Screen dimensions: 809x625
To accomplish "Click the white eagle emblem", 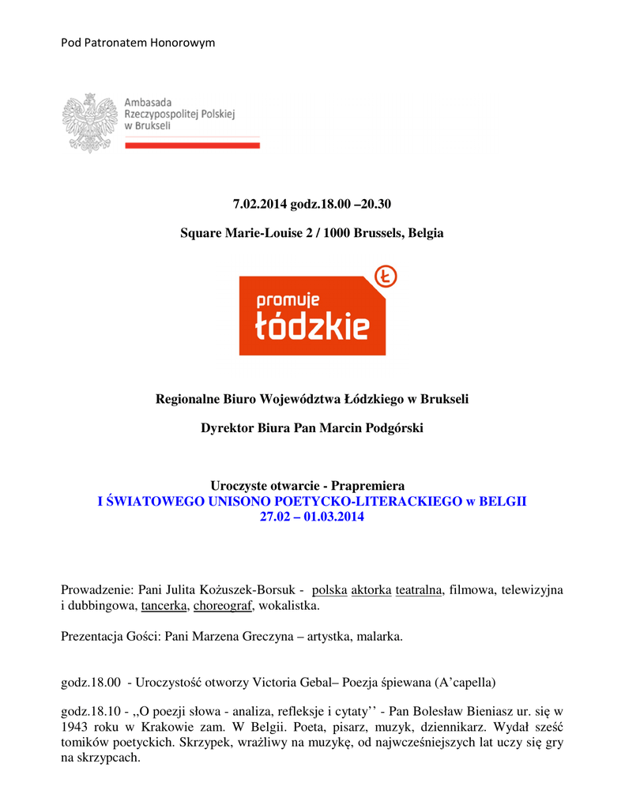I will [x=88, y=122].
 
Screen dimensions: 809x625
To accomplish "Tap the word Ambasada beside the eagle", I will [x=149, y=103].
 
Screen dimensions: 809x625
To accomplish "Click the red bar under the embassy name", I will [x=192, y=145].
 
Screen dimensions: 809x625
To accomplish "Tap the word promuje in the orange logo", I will [x=284, y=301].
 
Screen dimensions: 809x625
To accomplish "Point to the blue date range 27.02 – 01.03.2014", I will [x=312, y=517].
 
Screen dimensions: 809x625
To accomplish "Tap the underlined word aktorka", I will [x=371, y=589].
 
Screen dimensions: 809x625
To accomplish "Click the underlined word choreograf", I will [x=224, y=606].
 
